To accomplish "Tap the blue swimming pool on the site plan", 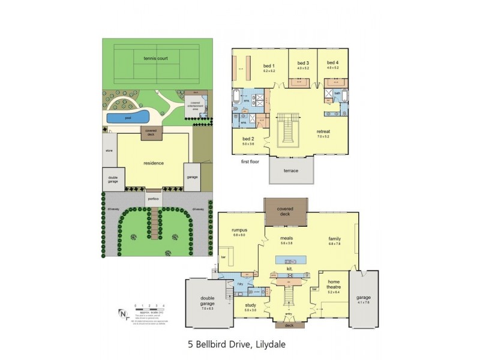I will (128, 116).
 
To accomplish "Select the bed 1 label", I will (268, 66).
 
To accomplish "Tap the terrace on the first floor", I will (291, 170).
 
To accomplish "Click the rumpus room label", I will (240, 230).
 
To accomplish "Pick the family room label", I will (334, 238).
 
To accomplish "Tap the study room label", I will (251, 305).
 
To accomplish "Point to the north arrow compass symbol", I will (123, 314).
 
